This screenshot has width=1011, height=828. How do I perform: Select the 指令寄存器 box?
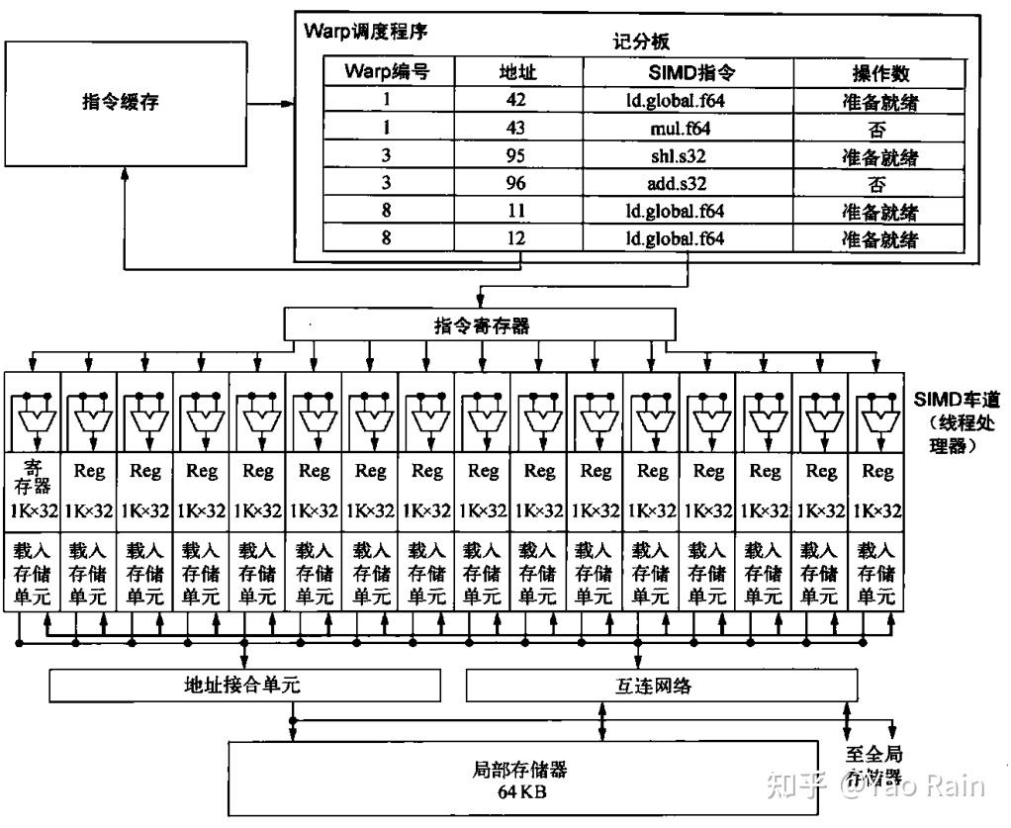[x=481, y=325]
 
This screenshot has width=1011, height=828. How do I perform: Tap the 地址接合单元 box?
[x=244, y=685]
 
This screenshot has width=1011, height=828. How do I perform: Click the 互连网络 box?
[x=661, y=685]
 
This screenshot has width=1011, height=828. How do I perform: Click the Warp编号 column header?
[x=389, y=71]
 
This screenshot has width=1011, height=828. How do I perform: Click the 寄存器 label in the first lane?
[x=33, y=473]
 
